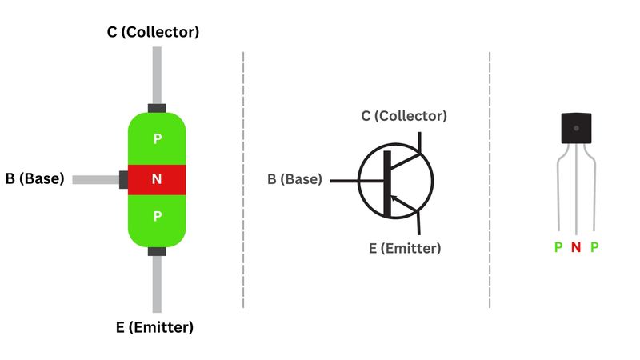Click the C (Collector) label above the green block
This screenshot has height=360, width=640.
(x=154, y=32)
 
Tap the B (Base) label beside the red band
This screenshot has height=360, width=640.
(x=34, y=179)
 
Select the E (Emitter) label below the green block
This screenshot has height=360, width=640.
(x=154, y=327)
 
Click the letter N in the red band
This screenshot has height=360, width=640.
(x=157, y=179)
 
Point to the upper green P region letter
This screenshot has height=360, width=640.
(x=157, y=139)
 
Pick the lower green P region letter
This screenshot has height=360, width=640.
(x=157, y=216)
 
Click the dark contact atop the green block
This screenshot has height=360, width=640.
(x=157, y=107)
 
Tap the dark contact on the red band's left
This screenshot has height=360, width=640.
(x=123, y=179)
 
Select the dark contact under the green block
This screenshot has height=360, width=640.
(x=157, y=251)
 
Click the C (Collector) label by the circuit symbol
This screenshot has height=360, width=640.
(x=403, y=116)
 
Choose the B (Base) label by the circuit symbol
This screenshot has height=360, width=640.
(x=294, y=179)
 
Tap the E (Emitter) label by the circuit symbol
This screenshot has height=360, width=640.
(x=404, y=248)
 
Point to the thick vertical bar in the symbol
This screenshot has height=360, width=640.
(x=388, y=182)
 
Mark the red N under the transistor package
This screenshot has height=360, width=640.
(x=576, y=248)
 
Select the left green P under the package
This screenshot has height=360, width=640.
(x=558, y=248)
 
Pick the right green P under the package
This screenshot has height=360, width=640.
(x=594, y=248)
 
